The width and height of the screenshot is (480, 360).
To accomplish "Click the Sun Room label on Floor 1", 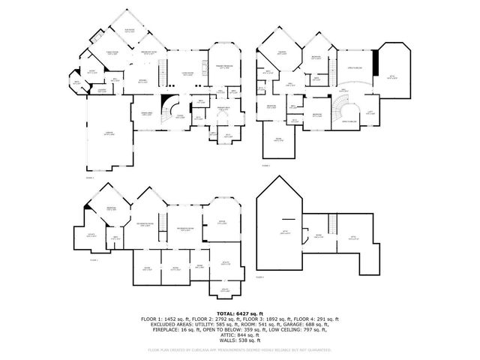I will click(x=129, y=31).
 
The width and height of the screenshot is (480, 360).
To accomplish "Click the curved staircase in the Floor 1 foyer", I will click(x=173, y=106).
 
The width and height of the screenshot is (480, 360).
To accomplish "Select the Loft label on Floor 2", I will click(x=369, y=114).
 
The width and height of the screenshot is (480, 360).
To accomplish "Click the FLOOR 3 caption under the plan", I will click(x=94, y=260).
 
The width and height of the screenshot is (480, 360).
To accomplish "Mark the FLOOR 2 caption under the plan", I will click(x=265, y=164).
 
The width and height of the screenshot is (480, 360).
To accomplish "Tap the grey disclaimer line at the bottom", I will click(x=239, y=349).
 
